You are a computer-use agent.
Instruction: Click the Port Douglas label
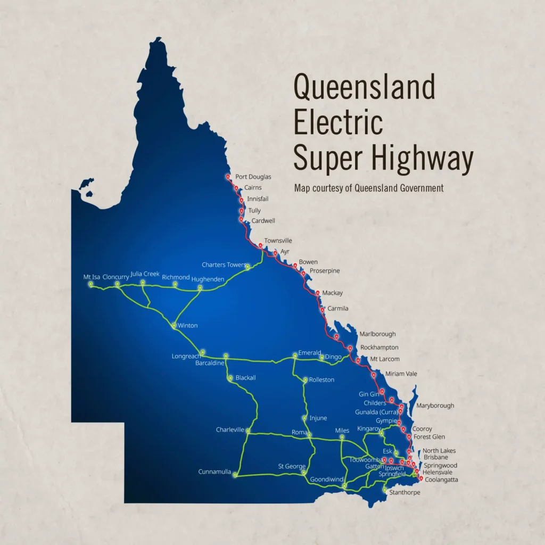click(x=253, y=177)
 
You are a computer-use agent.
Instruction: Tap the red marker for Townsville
click(x=260, y=245)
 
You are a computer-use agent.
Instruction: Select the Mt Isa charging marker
click(x=91, y=284)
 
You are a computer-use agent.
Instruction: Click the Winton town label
click(x=188, y=325)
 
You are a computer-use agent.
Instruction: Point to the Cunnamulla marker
click(x=234, y=474)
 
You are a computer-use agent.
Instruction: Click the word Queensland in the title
click(x=365, y=87)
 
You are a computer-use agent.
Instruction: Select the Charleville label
click(x=230, y=430)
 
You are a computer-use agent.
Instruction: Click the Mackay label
click(x=332, y=293)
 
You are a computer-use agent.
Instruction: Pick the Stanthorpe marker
click(x=385, y=489)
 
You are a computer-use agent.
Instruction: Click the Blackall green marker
click(x=230, y=378)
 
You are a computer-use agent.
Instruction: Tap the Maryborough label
click(x=435, y=406)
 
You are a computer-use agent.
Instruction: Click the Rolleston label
click(x=321, y=379)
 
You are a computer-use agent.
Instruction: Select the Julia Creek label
click(x=145, y=274)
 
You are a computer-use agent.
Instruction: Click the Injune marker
click(x=304, y=418)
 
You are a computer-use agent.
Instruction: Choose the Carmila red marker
click(x=322, y=309)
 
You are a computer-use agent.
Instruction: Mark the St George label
click(x=292, y=466)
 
